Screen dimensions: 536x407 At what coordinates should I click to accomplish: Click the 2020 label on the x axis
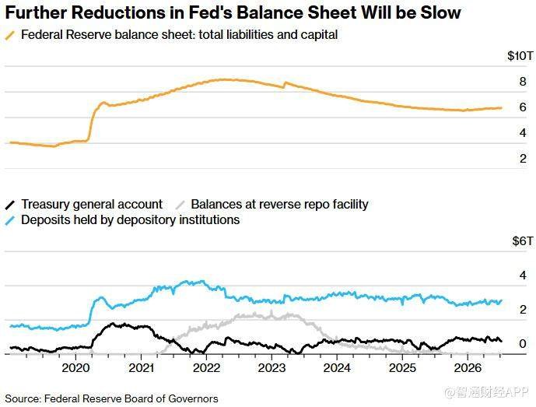tap(75, 368)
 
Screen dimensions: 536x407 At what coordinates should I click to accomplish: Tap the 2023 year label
tap(272, 368)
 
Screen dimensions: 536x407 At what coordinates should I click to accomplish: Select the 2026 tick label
tap(468, 368)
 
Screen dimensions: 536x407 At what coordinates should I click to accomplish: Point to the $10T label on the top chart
tap(520, 56)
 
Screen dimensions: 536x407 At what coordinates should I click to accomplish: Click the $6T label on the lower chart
tap(522, 241)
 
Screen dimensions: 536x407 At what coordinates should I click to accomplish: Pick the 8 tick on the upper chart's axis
tap(523, 82)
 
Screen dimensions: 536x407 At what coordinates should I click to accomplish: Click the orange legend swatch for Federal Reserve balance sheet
tap(10, 35)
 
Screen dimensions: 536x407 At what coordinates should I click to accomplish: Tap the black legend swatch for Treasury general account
tap(10, 205)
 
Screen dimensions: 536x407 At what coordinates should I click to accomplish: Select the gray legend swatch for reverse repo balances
tap(180, 205)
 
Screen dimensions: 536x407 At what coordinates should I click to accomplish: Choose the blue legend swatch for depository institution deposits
tap(10, 220)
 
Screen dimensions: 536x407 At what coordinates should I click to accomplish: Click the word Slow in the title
tap(440, 12)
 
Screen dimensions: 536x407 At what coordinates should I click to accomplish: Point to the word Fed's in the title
tap(211, 12)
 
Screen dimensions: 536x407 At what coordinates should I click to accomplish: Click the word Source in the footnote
tap(23, 398)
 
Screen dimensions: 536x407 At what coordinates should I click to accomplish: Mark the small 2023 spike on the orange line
tap(286, 82)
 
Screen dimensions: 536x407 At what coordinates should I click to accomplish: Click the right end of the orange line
tap(502, 107)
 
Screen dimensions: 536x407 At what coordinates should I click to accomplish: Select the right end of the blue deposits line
tap(502, 300)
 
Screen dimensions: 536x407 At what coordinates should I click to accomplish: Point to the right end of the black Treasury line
tap(502, 341)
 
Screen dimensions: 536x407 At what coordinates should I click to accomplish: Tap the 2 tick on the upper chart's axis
tap(523, 159)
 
